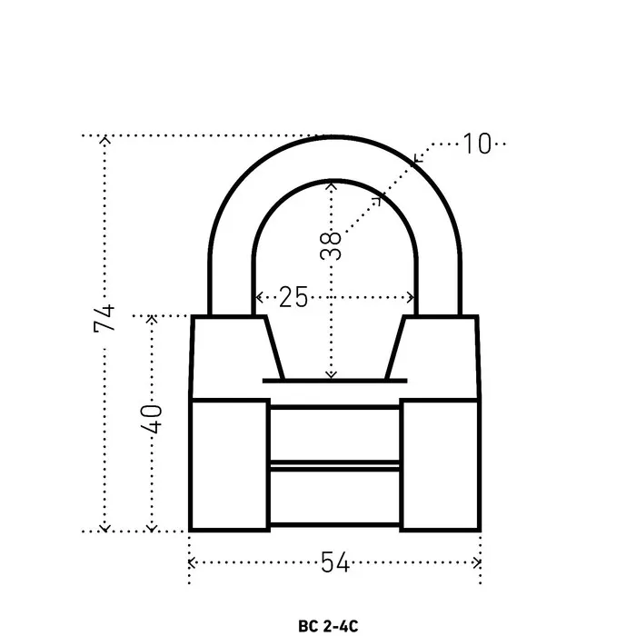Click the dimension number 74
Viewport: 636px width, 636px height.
(x=104, y=318)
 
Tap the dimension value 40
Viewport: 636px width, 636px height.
(x=151, y=419)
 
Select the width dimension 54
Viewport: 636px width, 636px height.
(x=335, y=562)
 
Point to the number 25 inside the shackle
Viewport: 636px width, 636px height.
(x=293, y=297)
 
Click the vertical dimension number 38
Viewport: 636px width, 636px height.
(x=331, y=245)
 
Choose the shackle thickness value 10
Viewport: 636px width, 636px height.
(x=477, y=144)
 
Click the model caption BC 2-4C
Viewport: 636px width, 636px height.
(x=328, y=626)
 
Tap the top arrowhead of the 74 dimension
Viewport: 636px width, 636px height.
(x=105, y=140)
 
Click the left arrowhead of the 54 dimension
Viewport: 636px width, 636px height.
(x=192, y=562)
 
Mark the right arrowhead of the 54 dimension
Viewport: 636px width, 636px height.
(x=477, y=562)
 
